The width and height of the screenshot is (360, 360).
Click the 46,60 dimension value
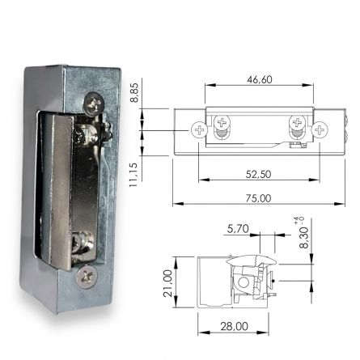tap(258, 79)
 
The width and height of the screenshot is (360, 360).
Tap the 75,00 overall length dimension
tap(259, 198)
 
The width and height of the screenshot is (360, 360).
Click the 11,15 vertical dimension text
tap(134, 173)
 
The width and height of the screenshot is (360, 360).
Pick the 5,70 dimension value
tap(238, 229)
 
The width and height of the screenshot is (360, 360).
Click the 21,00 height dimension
tap(168, 283)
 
